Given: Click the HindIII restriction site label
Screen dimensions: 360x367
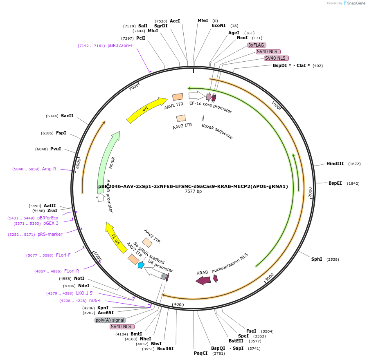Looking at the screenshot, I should pos(335,163).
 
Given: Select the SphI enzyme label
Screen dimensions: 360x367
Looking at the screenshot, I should pos(317,259).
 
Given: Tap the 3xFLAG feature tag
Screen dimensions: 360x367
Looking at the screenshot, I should pos(257,45).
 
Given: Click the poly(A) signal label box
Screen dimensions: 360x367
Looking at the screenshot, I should pos(110,320).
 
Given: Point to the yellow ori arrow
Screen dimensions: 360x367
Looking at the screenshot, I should pos(146,110).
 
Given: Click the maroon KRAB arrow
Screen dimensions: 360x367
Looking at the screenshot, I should pos(203,280).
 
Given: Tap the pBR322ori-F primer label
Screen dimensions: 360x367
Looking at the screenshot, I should pos(120,45).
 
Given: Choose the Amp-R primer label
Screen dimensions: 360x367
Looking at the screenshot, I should pos(49,169).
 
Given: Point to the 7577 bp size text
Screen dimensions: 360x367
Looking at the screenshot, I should pos(193,191).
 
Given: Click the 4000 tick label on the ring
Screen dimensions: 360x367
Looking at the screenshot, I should pos(179,304).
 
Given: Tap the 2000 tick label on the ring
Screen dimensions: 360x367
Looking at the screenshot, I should pos(310,192).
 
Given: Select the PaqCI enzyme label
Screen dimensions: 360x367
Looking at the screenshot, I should pos(200,353).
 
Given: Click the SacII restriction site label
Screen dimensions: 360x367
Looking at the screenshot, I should pos(67,116).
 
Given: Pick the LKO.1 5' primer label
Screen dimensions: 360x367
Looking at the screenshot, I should pos(85,293).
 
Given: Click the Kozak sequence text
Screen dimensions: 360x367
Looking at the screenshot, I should pos(217,132).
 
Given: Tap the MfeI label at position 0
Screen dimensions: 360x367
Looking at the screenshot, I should pos(203,20).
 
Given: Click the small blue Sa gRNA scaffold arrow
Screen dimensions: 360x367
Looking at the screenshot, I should pos(141,265).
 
